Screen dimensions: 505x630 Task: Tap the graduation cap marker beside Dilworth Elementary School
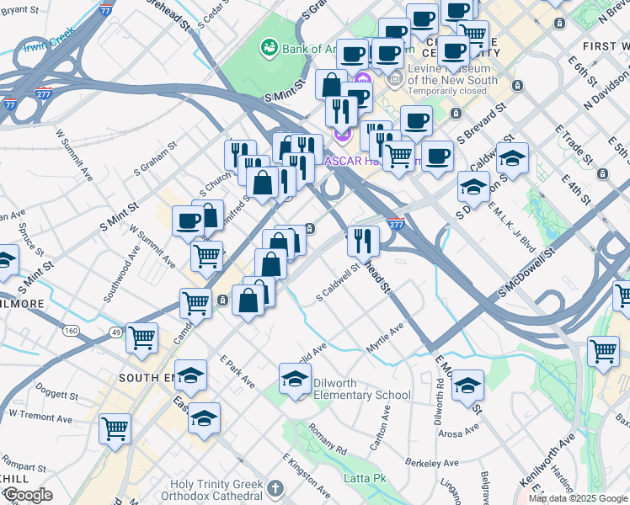295,378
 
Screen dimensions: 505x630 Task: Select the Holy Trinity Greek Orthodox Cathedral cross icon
275,488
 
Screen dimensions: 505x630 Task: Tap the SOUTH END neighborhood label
151,378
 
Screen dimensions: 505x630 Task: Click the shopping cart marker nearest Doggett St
141,338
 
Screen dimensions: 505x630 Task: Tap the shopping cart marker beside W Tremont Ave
115,428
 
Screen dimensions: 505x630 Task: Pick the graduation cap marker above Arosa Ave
467,385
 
